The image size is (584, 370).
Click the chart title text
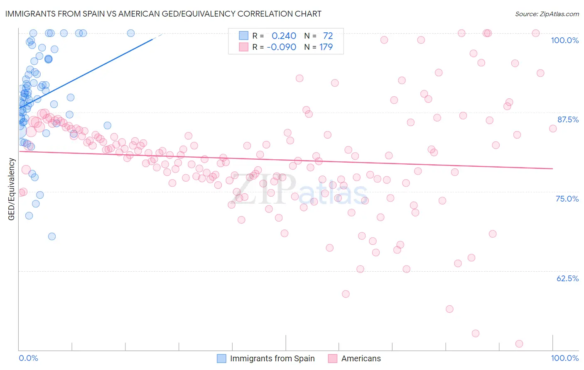pyautogui.click(x=163, y=14)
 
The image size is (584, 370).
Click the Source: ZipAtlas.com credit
pyautogui.click(x=547, y=14)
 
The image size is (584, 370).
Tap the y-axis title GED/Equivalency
pyautogui.click(x=12, y=189)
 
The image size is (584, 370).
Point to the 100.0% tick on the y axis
pyautogui.click(x=564, y=40)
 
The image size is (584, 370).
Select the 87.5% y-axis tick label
pyautogui.click(x=567, y=119)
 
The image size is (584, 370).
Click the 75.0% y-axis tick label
pyautogui.click(x=567, y=199)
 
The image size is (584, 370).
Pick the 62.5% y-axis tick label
pyautogui.click(x=567, y=278)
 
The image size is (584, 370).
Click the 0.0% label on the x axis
pyautogui.click(x=28, y=358)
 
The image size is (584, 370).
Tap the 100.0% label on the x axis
pyautogui.click(x=564, y=358)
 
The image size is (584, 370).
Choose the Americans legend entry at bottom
pyautogui.click(x=361, y=358)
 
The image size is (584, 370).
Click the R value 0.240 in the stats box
pyautogui.click(x=284, y=36)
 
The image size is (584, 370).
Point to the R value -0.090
pyautogui.click(x=281, y=47)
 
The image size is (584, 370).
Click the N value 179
pyautogui.click(x=326, y=47)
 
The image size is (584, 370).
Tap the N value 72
pyautogui.click(x=328, y=36)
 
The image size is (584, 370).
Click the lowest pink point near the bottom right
pyautogui.click(x=519, y=343)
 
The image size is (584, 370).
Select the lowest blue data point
pyautogui.click(x=52, y=236)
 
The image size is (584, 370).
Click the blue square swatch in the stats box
pyautogui.click(x=243, y=36)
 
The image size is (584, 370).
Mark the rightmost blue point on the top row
pyautogui.click(x=130, y=33)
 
